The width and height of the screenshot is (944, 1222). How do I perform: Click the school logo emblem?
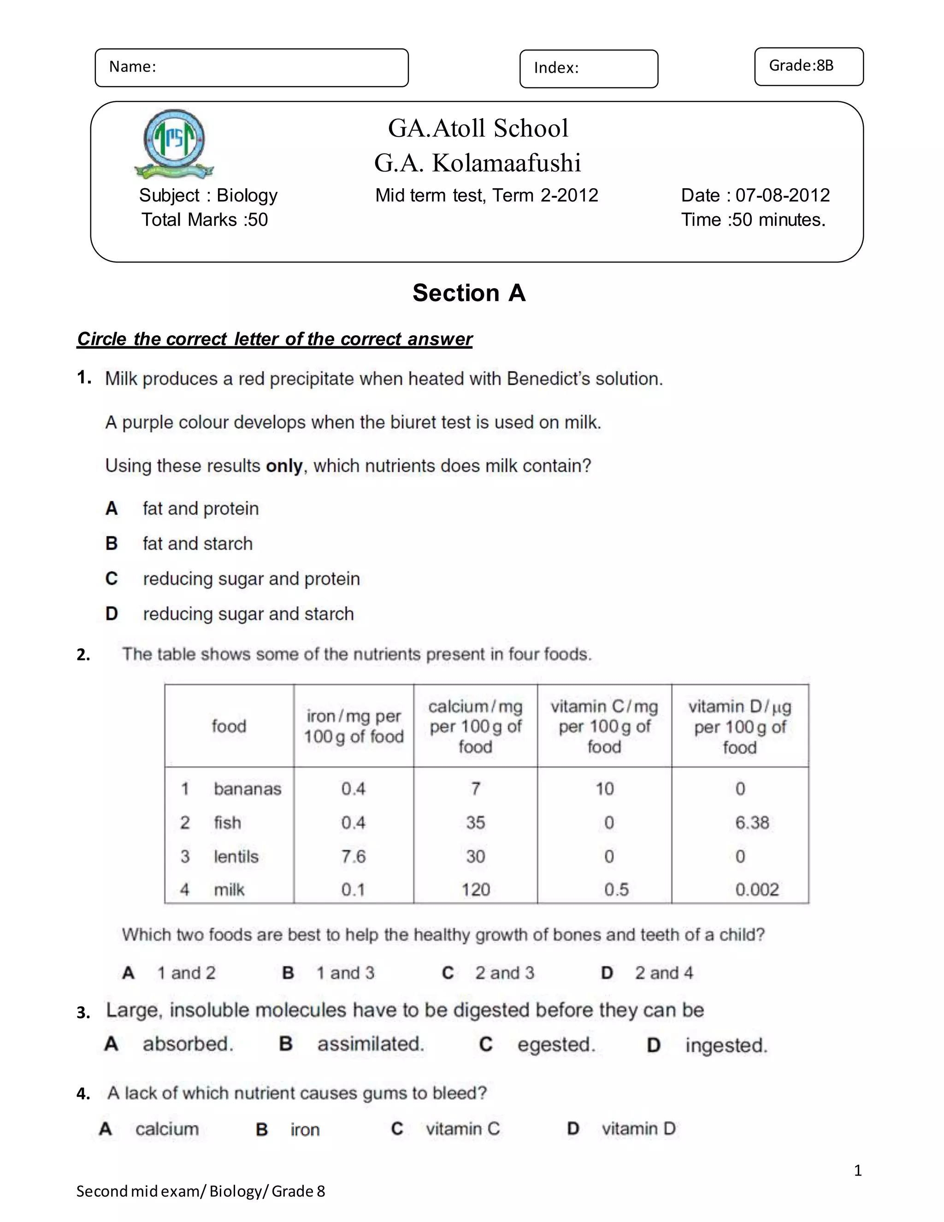click(x=174, y=143)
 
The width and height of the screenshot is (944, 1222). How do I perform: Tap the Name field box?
click(x=252, y=68)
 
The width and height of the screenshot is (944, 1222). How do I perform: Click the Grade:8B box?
click(x=808, y=66)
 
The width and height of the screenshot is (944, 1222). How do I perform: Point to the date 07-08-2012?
click(x=782, y=195)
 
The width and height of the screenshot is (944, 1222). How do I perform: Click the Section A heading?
click(x=469, y=293)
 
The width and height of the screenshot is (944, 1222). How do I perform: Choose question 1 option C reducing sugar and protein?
click(x=251, y=579)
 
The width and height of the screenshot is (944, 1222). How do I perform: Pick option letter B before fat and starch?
click(x=111, y=543)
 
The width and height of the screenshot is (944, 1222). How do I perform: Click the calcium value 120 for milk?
click(x=475, y=890)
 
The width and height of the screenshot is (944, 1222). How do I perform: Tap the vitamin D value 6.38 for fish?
click(x=752, y=823)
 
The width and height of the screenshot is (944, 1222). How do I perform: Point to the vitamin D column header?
click(x=739, y=726)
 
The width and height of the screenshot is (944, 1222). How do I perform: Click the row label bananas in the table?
click(x=247, y=789)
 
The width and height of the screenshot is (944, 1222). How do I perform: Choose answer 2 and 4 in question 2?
click(x=663, y=973)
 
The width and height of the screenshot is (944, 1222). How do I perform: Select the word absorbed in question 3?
click(x=187, y=1044)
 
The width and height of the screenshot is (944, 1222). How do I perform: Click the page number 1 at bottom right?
click(x=858, y=1170)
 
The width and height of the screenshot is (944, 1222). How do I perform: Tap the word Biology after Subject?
click(x=247, y=195)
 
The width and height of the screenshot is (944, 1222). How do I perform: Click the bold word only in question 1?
click(x=284, y=466)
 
